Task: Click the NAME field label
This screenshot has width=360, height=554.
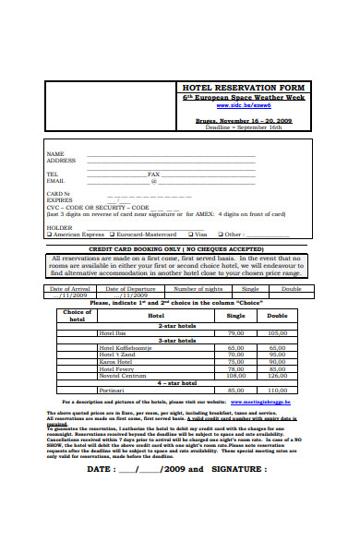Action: (x=55, y=153)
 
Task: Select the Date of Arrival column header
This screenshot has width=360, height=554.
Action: (x=69, y=288)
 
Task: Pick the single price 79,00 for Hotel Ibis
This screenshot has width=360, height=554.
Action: (x=235, y=332)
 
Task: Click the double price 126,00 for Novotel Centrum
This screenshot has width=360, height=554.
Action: (x=278, y=375)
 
